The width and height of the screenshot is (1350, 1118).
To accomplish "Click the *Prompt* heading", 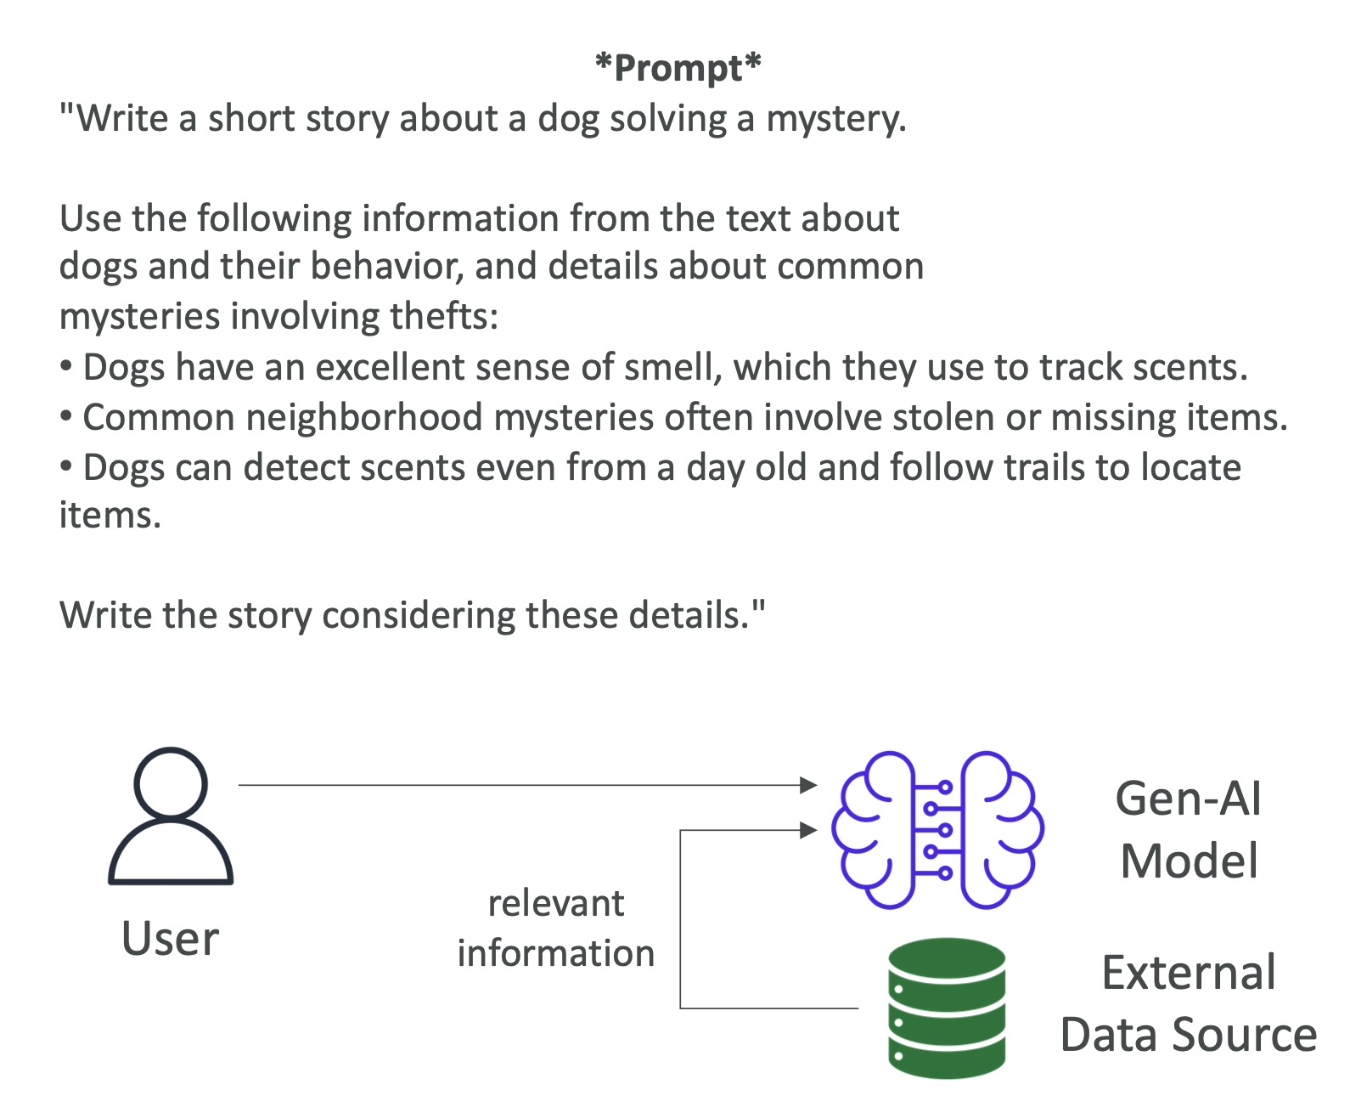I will click(678, 68).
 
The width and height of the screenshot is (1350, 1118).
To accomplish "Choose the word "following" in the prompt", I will click(274, 218).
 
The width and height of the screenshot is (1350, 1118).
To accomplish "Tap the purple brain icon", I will click(937, 830).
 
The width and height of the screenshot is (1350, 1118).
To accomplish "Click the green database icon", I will click(946, 1008).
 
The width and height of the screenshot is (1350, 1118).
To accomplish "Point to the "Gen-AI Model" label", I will click(1189, 830).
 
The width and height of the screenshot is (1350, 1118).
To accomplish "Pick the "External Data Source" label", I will click(1189, 1003).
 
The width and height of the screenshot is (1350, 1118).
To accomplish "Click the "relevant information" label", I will click(556, 928).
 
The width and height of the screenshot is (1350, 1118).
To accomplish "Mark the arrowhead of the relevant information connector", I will click(808, 830).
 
